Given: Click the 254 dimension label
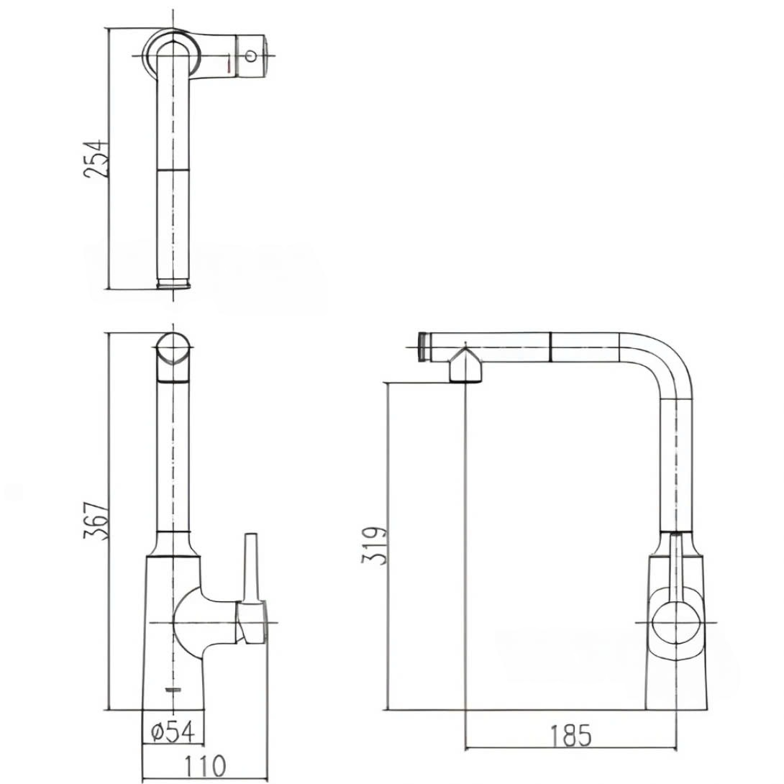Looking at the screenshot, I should (x=95, y=159).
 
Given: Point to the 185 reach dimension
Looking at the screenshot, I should (x=570, y=735).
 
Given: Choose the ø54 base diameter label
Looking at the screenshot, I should (x=173, y=731).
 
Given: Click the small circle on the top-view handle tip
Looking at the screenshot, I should (x=251, y=55).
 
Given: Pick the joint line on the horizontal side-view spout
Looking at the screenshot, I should (x=551, y=347).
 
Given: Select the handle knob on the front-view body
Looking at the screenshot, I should (x=252, y=623).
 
